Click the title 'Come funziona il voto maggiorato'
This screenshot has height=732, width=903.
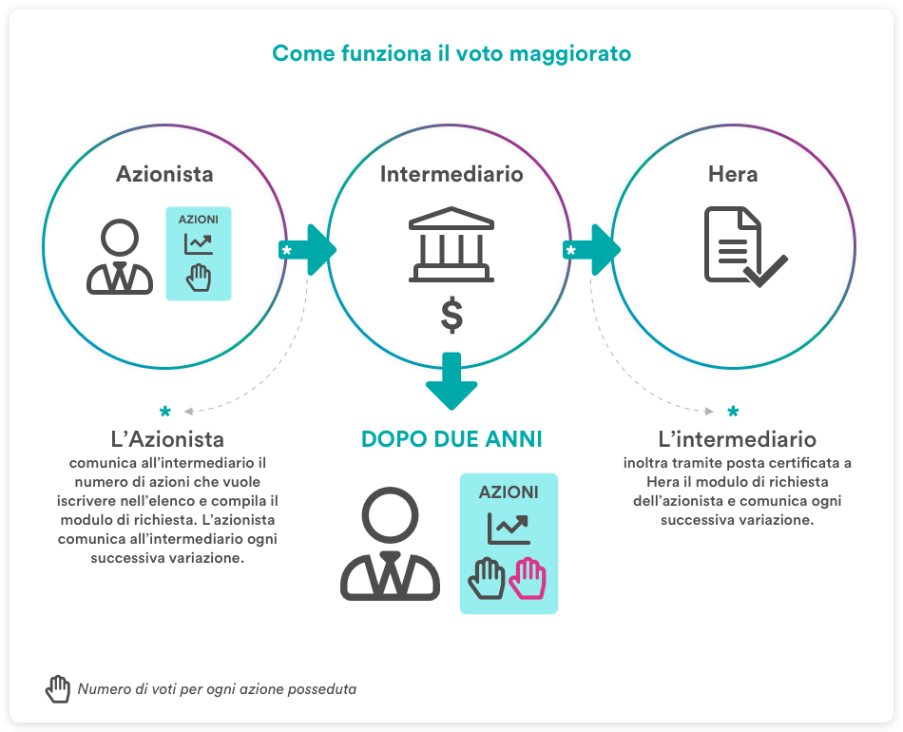(451, 53)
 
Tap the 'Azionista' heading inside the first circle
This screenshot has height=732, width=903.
(164, 174)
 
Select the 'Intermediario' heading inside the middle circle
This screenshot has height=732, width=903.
(451, 174)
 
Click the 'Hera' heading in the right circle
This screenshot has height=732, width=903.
(733, 174)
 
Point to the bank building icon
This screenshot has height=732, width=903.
(451, 244)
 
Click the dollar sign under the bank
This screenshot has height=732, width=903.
(451, 315)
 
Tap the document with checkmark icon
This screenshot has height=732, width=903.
(745, 246)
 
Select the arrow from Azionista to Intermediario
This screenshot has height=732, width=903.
(308, 250)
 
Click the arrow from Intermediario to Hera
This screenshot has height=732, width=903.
(592, 250)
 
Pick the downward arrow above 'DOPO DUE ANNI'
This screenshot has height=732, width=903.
(451, 381)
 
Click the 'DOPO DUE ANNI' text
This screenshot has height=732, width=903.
(451, 439)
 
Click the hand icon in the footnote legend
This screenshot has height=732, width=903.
(58, 689)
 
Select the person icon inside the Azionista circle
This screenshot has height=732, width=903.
(120, 257)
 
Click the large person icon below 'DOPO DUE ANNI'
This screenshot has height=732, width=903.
(390, 544)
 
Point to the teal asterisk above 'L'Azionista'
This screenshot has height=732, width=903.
(165, 412)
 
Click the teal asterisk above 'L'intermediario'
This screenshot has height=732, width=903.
(733, 412)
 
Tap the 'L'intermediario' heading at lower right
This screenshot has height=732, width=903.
(738, 439)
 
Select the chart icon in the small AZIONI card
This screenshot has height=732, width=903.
(199, 244)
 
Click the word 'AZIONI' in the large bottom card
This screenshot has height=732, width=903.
(509, 492)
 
